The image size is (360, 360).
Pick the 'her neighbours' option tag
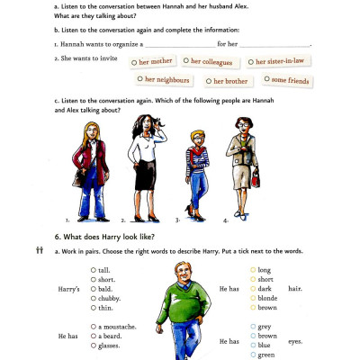(167, 81)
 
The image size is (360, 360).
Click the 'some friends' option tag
(288, 81)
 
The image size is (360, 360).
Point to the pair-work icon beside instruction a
(40, 250)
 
